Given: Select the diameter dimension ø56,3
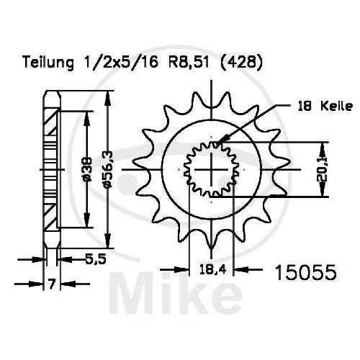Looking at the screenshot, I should (x=107, y=171).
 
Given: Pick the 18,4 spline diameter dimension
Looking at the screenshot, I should (x=213, y=271).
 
